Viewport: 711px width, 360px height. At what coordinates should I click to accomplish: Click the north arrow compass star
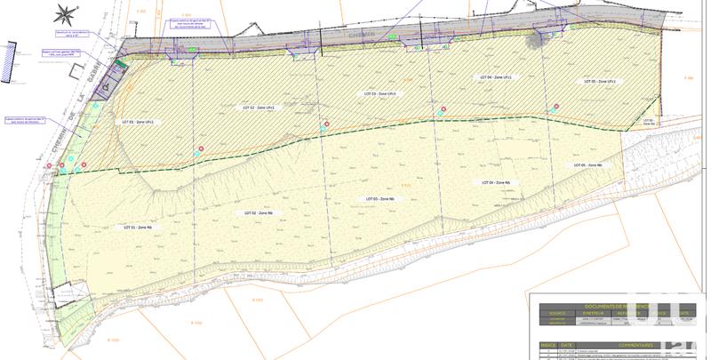64,14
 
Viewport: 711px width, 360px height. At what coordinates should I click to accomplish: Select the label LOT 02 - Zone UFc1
259,108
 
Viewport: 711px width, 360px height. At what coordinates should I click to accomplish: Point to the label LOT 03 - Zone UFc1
379,93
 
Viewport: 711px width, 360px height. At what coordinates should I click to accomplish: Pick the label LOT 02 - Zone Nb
258,213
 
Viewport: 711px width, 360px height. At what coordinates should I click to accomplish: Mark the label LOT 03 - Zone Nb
381,198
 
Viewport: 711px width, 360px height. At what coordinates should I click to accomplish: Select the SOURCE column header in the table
556,313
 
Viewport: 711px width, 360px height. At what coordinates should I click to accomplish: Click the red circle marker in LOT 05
556,107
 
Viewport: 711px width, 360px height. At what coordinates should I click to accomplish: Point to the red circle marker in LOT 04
443,108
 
